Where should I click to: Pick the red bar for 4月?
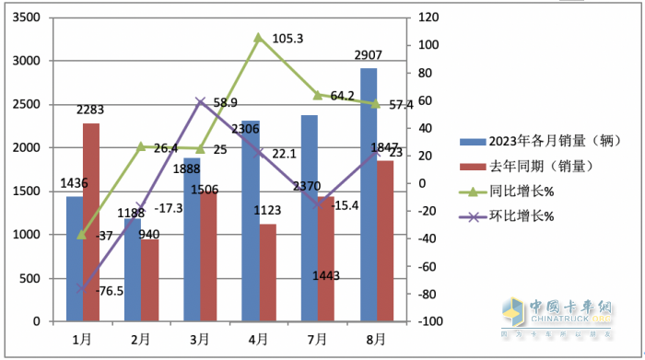coord(266,273)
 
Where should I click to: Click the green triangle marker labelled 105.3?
coord(258,38)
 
